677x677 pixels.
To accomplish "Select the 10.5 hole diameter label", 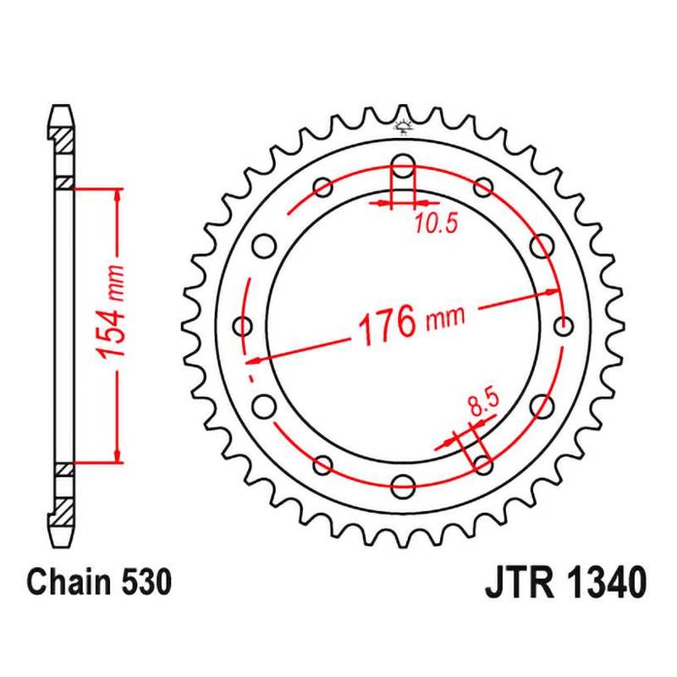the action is tap(436, 223).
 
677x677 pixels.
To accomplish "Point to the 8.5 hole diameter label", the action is tap(482, 403).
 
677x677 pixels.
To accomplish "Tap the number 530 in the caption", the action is tap(146, 581).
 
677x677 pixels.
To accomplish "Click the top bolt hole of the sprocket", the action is tap(403, 165).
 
